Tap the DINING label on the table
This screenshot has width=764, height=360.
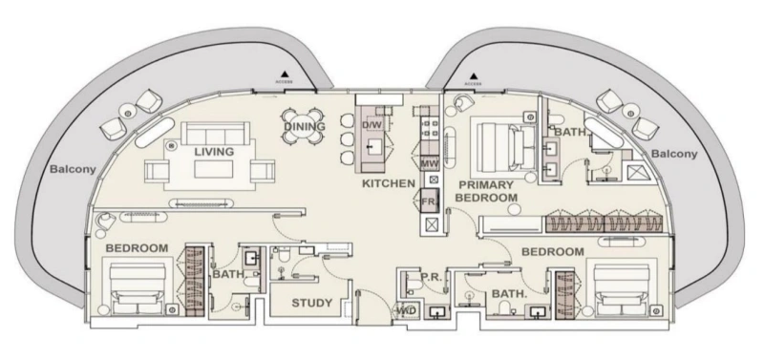coord(304,127)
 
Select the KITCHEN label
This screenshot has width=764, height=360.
coord(388,182)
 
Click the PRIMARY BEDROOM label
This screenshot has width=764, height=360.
coord(486,190)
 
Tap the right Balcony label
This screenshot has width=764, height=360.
coord(674,153)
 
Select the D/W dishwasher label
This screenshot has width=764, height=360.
coord(371,125)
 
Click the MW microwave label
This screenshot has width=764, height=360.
coord(428,163)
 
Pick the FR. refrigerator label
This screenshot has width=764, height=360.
coord(429,201)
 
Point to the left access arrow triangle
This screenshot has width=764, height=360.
coord(283,74)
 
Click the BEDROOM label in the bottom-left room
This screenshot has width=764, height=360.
coord(137,248)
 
